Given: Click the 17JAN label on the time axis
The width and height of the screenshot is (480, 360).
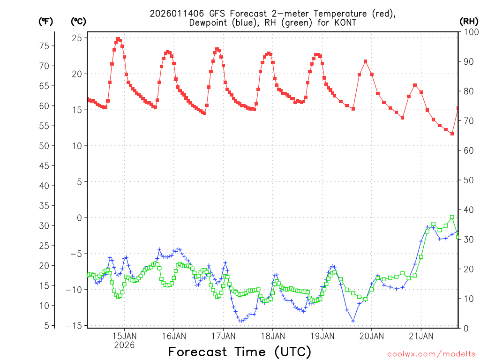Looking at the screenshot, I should (223, 336).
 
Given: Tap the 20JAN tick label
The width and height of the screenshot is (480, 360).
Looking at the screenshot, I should (372, 336).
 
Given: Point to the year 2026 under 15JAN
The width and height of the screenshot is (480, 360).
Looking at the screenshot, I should (124, 345).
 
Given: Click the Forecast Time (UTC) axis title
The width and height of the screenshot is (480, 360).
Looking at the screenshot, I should (240, 352).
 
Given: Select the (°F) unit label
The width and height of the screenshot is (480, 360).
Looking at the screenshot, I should (45, 21).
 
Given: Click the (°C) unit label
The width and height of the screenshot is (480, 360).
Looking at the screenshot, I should (78, 21).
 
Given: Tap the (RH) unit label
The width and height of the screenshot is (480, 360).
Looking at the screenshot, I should (469, 21).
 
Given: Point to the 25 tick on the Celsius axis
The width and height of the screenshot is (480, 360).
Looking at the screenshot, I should (77, 38).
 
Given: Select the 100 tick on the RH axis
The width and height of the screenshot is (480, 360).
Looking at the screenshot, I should (471, 32).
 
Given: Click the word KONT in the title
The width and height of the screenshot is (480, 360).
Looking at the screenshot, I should (346, 22).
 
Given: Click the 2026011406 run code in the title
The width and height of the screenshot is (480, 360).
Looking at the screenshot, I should (176, 14).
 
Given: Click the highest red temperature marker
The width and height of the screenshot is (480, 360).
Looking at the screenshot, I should (118, 39).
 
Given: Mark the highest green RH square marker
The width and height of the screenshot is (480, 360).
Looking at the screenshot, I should (452, 217).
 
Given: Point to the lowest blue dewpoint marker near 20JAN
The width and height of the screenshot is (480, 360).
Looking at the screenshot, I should (353, 321).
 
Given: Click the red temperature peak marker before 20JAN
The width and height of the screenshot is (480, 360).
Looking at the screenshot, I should (366, 61).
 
